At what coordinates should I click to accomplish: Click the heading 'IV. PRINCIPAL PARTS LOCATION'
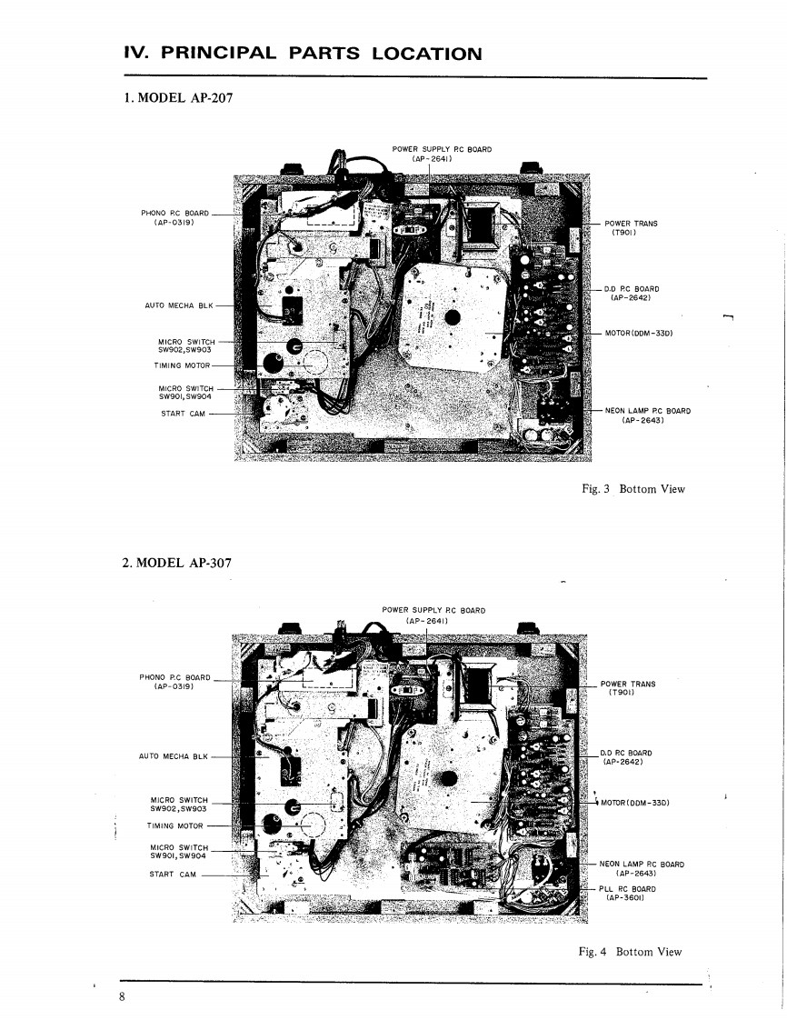302,53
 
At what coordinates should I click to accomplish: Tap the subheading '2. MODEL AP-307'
176,563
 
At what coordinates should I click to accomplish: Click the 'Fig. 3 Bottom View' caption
633,489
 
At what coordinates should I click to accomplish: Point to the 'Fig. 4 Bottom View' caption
630,952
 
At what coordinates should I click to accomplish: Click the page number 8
122,997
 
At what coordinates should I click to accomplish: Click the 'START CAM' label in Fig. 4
173,875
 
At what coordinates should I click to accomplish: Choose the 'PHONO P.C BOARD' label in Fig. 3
174,217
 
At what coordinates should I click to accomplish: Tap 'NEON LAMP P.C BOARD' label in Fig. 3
647,415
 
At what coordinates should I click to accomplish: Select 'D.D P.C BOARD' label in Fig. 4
626,756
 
